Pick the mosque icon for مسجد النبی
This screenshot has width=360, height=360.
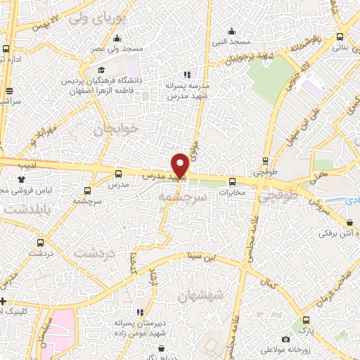tap(232, 30)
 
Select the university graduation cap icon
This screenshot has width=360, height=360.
tap(103, 70)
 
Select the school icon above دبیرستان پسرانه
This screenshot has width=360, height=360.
tap(141, 311)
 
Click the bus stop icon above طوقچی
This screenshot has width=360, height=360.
tap(265, 160)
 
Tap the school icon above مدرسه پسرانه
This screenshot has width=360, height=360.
tap(187, 74)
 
